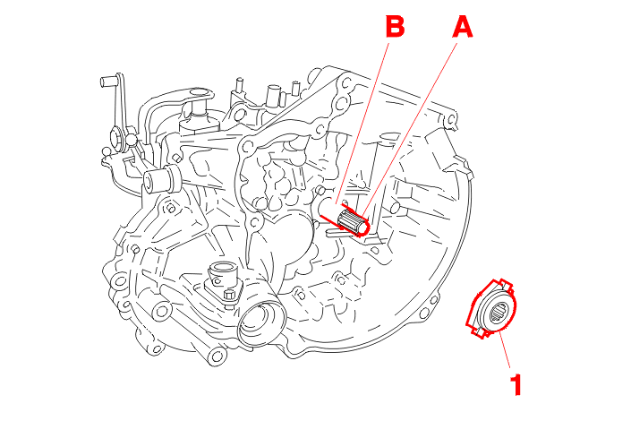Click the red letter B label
tap(395, 27)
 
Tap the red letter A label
tap(463, 28)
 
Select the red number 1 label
tap(516, 384)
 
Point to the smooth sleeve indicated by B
tap(330, 209)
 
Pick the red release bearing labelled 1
tap(491, 307)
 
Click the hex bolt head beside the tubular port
tap(229, 296)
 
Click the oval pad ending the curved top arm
tap(200, 94)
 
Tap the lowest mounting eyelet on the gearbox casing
tap(217, 357)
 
